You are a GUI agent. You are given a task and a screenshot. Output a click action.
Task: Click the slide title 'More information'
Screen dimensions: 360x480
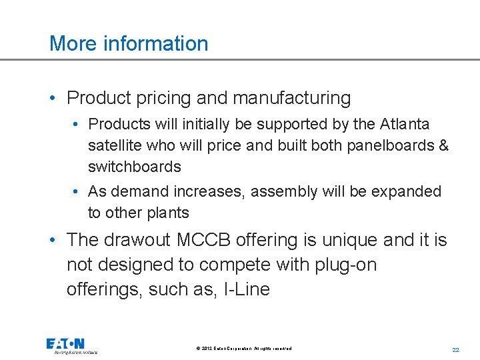point(129,43)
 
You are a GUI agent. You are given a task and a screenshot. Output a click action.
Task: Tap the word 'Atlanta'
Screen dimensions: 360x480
point(405,124)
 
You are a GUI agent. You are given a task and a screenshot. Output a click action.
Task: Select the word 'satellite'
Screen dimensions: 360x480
point(115,145)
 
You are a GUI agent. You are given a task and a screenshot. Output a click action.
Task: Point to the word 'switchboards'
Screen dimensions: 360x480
point(134,167)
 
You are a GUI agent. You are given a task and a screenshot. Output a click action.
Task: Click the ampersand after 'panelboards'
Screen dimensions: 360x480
point(444,145)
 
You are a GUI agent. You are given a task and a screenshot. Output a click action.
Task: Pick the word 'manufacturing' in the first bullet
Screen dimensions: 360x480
point(291,98)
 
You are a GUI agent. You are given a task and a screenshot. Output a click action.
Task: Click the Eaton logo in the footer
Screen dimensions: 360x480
point(72,345)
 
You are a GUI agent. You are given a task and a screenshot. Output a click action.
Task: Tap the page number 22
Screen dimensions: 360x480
point(456,349)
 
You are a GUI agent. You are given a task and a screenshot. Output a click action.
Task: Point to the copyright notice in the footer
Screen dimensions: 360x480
point(244,349)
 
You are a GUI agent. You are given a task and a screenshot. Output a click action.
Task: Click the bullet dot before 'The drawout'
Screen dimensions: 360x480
point(53,241)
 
